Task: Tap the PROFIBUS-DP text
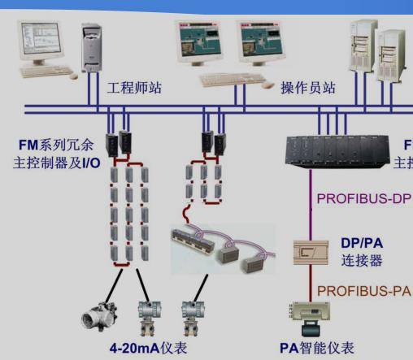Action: click(x=363, y=197)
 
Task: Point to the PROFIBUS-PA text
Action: click(x=363, y=290)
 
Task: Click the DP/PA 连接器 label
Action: click(x=362, y=252)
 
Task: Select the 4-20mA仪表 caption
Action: click(x=149, y=348)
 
